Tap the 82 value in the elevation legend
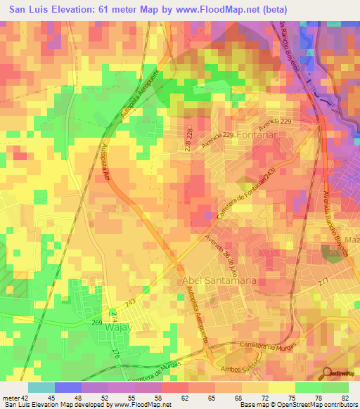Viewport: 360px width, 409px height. tap(344, 398)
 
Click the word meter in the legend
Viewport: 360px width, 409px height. tap(10, 398)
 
